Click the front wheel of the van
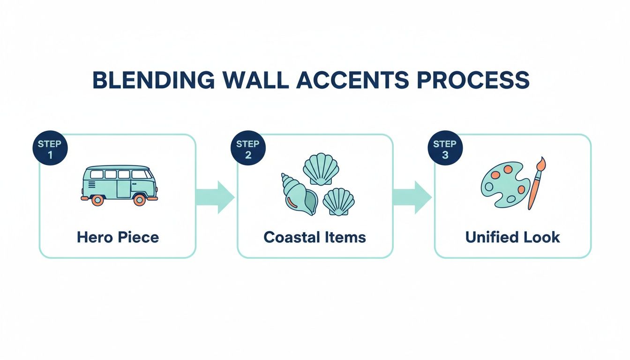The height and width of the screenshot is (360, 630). point(139,200)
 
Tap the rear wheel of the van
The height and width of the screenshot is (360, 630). point(97,200)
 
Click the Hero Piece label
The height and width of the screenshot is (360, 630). point(118,237)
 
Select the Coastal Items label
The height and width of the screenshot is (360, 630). point(315,237)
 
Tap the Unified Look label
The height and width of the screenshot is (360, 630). point(512,237)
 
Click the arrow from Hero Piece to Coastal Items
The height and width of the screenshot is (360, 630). point(215,197)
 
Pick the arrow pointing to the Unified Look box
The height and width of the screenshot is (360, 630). point(412,197)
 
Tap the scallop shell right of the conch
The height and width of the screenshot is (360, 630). point(338,202)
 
